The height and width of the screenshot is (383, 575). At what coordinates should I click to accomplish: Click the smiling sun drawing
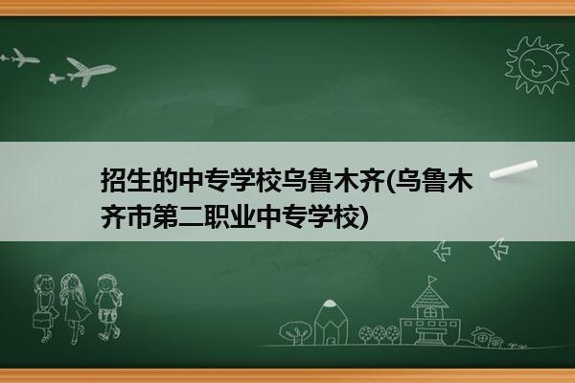point(537,65)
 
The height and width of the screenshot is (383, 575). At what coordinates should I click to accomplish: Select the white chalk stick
point(514,169)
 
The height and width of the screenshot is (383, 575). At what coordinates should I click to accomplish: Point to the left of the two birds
point(442,251)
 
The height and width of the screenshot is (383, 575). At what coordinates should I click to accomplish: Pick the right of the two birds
point(499,249)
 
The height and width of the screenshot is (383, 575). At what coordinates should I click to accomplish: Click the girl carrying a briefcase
point(45,308)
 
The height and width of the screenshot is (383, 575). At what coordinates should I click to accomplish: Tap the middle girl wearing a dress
point(75,308)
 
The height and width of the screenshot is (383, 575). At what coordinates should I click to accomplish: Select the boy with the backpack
point(108,307)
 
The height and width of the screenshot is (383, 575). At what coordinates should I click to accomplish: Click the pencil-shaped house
point(331,323)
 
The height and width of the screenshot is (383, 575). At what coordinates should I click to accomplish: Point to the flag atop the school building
point(433,280)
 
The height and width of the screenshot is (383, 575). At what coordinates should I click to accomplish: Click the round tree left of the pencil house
point(295,332)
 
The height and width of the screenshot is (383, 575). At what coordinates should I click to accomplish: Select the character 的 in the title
point(166,180)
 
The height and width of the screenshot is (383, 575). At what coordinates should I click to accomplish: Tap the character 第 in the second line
point(166,216)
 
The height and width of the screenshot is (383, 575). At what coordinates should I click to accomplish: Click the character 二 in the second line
point(192,216)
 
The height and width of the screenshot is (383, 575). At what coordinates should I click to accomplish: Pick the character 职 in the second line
point(218,216)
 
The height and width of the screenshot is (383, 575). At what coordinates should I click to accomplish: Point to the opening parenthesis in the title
point(389,181)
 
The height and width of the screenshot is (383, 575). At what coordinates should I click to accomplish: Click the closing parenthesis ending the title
point(363,217)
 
